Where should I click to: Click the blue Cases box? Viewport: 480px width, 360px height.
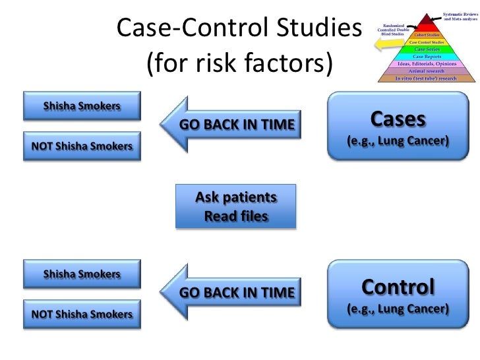pos(398,128)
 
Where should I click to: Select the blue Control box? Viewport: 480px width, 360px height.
pos(398,295)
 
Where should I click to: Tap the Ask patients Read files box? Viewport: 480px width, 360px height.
pos(236,206)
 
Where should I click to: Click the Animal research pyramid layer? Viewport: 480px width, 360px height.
pos(427,70)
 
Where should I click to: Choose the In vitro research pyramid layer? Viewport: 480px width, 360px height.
pos(426,77)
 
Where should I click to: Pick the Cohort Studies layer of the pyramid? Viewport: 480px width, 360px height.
pos(428,34)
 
